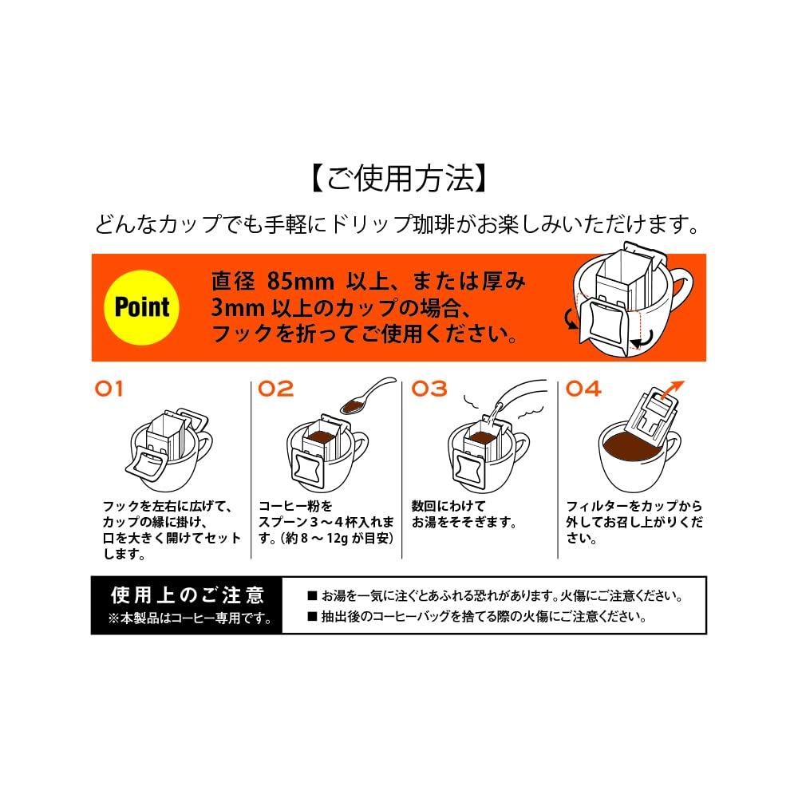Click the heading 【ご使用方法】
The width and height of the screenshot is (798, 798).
[398, 177]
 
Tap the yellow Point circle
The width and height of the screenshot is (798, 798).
[142, 306]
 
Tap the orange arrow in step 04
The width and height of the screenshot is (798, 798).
[674, 388]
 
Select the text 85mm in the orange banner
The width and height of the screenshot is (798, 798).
[294, 282]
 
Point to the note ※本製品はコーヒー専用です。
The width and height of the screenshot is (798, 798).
[188, 618]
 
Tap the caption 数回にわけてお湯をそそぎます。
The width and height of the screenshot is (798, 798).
[463, 515]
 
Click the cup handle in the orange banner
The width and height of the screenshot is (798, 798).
[688, 297]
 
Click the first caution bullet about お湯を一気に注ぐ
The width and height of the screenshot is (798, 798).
[495, 596]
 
